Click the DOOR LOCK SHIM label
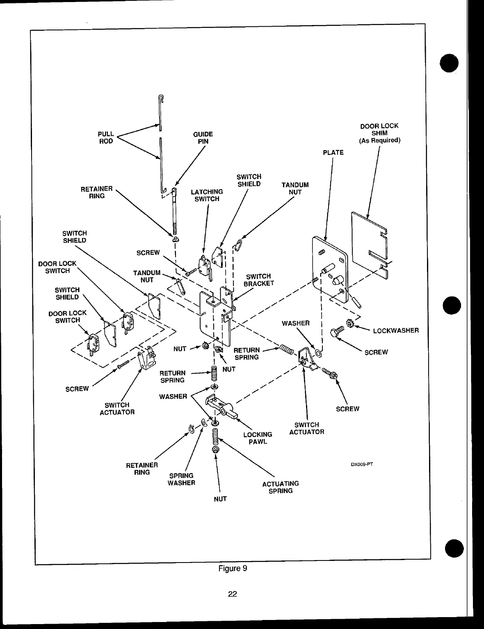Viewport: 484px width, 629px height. point(379,133)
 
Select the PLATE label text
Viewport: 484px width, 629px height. point(333,153)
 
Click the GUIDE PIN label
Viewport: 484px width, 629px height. point(203,138)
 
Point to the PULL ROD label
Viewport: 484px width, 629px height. point(106,137)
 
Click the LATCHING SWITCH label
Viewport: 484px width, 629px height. point(207,195)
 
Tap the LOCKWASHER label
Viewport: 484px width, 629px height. point(395,330)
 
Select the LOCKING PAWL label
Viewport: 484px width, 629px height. point(258,438)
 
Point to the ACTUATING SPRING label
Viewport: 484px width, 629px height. point(281,487)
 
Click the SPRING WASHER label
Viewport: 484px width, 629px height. point(181,479)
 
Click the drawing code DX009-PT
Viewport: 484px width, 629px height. point(361,464)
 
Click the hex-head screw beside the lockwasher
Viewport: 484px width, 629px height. point(338,331)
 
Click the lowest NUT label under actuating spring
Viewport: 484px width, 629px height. point(220,499)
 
